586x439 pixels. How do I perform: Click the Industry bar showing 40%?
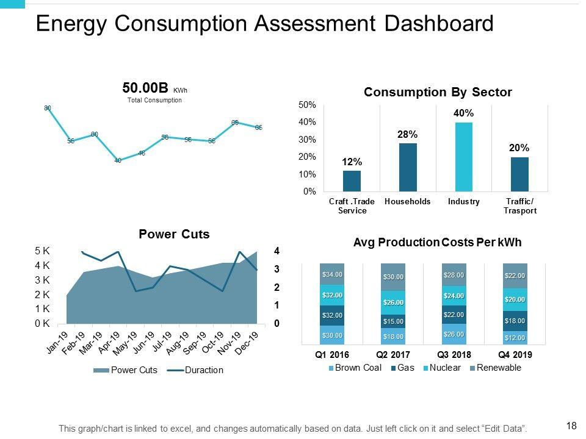464,157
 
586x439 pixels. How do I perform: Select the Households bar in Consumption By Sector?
408,167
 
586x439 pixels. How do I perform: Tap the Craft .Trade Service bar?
352,181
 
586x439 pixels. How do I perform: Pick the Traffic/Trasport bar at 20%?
519,174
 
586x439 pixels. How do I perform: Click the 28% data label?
407,134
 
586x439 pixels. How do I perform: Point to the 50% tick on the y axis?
307,105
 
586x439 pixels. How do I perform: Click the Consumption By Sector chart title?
437,92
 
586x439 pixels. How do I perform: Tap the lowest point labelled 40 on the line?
118,160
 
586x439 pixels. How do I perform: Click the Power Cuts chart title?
174,234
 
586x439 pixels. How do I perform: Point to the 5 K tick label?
42,251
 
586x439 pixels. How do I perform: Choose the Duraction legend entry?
203,370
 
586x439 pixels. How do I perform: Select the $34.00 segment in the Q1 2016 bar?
332,274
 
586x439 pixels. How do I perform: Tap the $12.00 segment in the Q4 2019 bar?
515,338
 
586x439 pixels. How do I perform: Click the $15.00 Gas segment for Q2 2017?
393,321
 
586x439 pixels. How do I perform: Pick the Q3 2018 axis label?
454,355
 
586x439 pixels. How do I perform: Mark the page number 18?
571,426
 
